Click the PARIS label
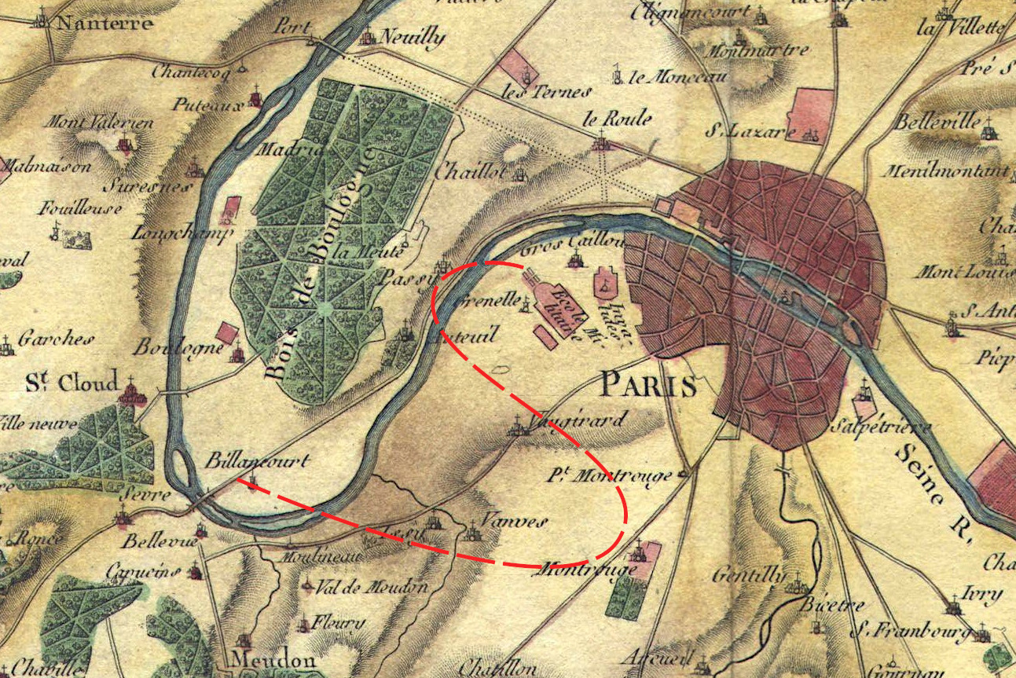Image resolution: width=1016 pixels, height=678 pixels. (647, 386)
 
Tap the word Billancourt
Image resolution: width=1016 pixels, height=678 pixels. (257, 462)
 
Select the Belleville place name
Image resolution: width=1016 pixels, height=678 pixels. (937, 123)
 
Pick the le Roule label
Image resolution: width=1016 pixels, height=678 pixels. (617, 119)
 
